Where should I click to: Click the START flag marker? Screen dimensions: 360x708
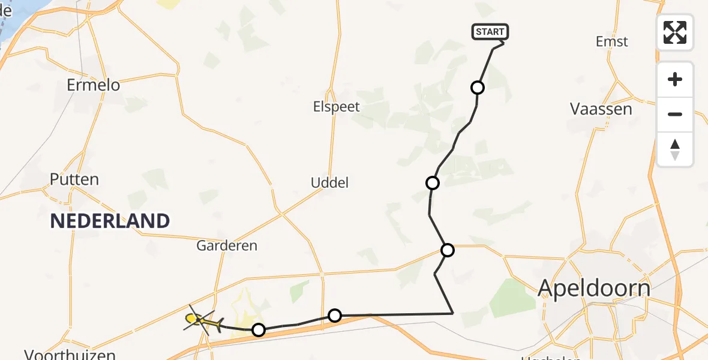click(490, 32)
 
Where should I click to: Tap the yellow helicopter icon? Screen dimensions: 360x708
click(202, 322)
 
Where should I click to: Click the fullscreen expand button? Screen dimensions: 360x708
click(675, 32)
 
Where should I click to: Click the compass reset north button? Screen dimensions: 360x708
click(675, 149)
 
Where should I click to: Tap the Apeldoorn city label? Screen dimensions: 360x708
click(593, 288)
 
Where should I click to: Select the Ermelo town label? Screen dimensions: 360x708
click(93, 85)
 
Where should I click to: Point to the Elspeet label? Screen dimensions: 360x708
click(336, 107)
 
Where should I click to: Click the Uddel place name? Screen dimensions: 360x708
click(329, 182)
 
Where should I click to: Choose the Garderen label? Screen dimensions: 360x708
click(227, 245)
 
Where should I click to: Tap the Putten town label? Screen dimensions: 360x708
click(74, 179)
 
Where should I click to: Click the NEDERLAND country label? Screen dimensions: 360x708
click(110, 221)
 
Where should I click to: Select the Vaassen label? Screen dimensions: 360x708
click(601, 109)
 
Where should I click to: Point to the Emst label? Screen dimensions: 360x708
click(611, 41)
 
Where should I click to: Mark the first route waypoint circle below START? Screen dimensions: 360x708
click(478, 88)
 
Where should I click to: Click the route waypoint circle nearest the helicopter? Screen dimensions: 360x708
click(258, 329)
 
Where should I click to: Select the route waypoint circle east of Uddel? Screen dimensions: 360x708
click(432, 182)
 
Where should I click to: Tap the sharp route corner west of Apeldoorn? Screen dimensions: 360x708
click(452, 313)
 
